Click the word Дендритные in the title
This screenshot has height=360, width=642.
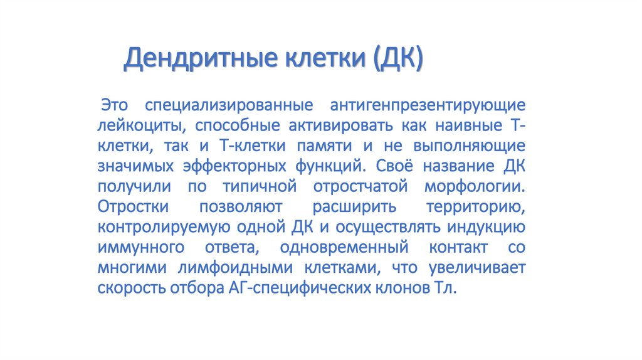(x=201, y=58)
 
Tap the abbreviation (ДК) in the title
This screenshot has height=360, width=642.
(x=398, y=58)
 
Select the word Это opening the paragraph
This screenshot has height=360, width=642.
(x=114, y=105)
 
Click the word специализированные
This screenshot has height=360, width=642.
(x=229, y=106)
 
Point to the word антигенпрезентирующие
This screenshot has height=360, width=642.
(x=428, y=106)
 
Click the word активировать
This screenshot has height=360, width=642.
(x=340, y=125)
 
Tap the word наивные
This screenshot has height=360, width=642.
(x=468, y=125)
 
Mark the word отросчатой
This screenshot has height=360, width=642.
(x=360, y=187)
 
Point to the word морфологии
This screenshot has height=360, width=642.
(x=475, y=187)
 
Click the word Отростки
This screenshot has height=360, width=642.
(x=133, y=207)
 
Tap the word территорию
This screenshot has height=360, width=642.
(x=476, y=207)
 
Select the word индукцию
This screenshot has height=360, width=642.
(x=486, y=227)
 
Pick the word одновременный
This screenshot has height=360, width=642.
(x=344, y=247)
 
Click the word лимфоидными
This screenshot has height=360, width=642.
(x=235, y=268)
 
